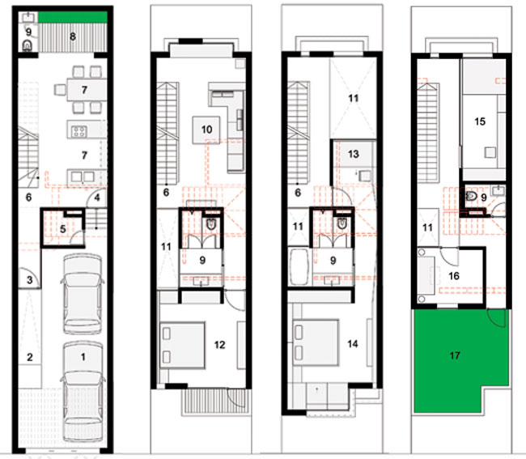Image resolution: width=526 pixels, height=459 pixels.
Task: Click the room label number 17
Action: click(455, 355)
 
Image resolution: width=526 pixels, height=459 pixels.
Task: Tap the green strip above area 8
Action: click(73, 17)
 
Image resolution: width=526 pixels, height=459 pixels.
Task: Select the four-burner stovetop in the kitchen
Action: click(79, 131)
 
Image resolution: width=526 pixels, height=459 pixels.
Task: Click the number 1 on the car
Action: click(83, 357)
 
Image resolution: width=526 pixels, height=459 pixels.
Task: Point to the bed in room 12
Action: click(182, 345)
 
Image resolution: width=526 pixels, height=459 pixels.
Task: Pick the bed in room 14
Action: click(316, 342)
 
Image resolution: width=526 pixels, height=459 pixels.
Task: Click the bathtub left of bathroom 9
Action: click(299, 267)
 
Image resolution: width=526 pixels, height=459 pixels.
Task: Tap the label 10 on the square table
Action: click(206, 130)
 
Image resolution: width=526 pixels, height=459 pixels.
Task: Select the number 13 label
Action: click(354, 154)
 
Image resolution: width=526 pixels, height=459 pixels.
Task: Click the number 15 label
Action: click(480, 121)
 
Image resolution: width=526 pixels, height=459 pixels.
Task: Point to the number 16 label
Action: click(453, 276)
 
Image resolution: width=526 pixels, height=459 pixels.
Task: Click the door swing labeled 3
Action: click(29, 278)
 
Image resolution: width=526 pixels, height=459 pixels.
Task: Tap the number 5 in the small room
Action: click(63, 229)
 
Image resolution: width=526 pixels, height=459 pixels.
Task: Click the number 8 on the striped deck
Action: click(73, 36)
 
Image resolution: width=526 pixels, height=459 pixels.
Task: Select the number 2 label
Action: click(29, 357)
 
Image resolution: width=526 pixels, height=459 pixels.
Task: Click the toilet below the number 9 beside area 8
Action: click(28, 45)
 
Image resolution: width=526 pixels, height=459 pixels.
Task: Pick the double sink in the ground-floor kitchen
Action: click(83, 176)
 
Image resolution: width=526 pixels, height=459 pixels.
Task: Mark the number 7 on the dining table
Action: click(84, 90)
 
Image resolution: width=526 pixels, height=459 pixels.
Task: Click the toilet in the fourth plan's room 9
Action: click(472, 196)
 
